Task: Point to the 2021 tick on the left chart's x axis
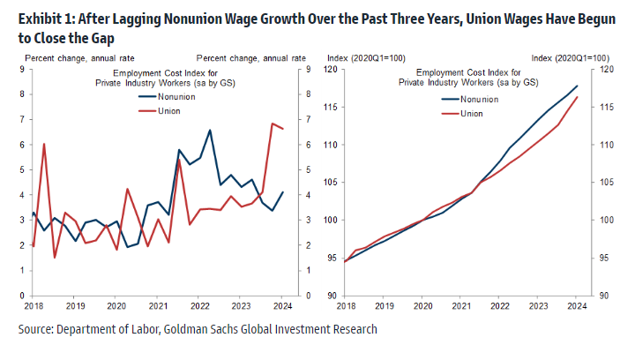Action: (157, 306)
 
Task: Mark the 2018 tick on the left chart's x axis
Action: (33, 306)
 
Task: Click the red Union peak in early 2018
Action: (44, 144)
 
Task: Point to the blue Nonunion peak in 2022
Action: (210, 131)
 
